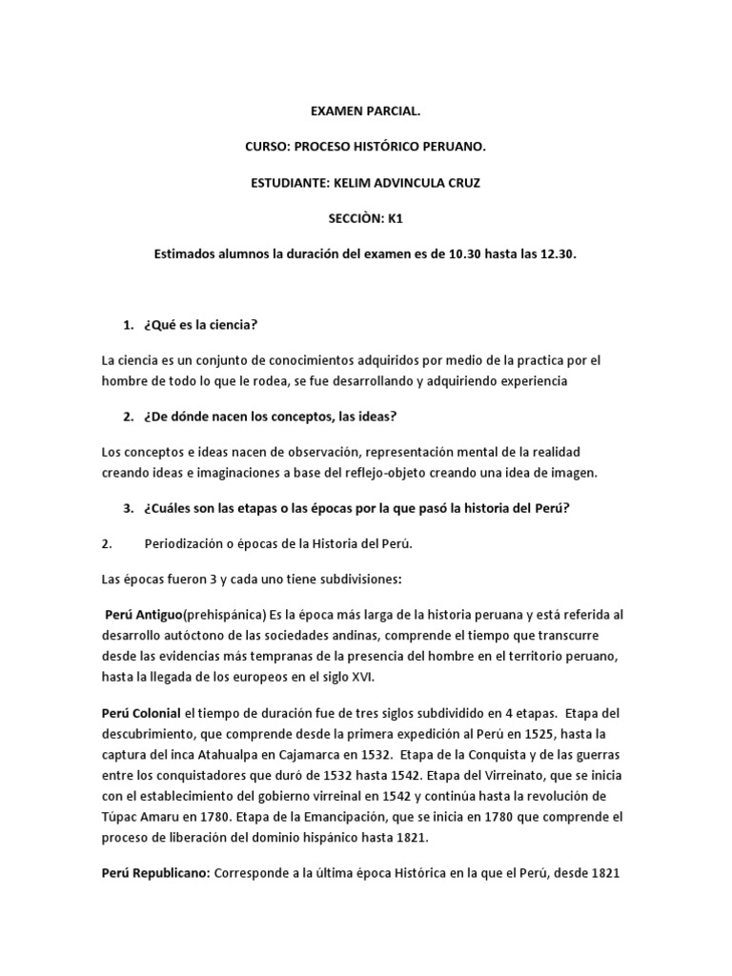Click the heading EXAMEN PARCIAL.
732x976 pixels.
(365, 112)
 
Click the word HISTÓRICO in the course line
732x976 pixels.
(405, 148)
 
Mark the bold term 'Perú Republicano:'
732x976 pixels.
(153, 869)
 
